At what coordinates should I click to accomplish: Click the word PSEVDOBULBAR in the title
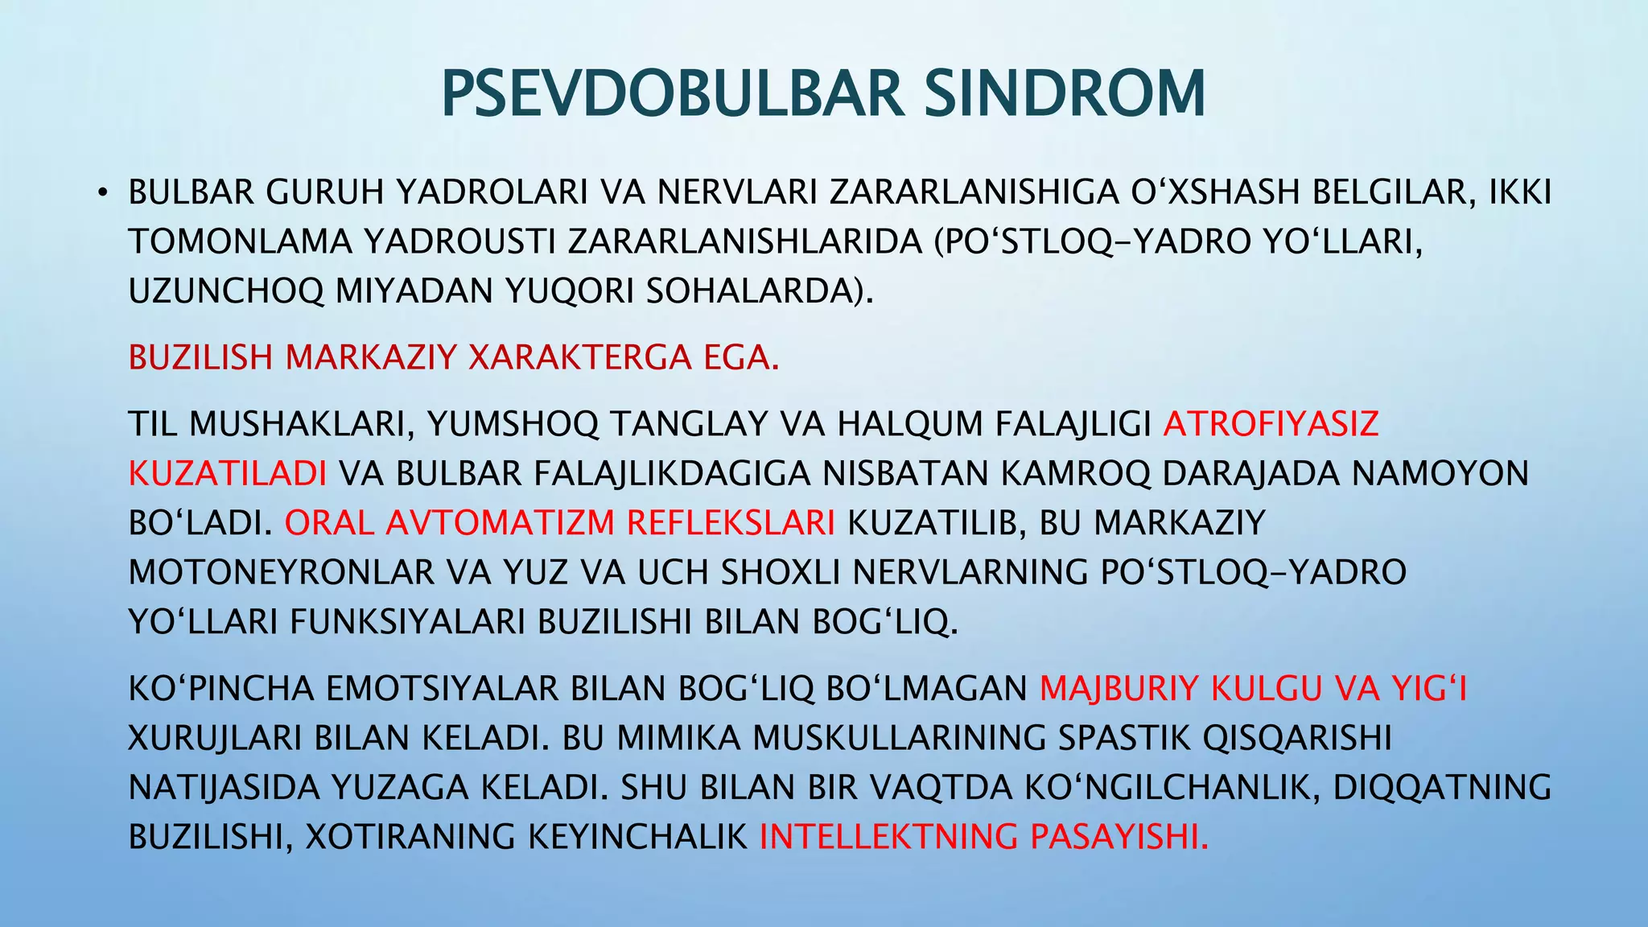673,94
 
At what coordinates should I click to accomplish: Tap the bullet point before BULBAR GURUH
101,193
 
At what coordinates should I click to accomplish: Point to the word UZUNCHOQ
225,290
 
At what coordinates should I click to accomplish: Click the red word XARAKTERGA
579,357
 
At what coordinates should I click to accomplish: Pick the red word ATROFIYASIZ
1271,424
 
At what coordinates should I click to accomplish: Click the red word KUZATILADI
227,474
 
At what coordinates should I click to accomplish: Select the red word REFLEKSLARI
730,523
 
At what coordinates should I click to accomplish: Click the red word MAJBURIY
1119,689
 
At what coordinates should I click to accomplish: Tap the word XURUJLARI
214,739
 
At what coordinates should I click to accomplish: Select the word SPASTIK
1123,739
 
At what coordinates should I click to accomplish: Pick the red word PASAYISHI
1119,837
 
